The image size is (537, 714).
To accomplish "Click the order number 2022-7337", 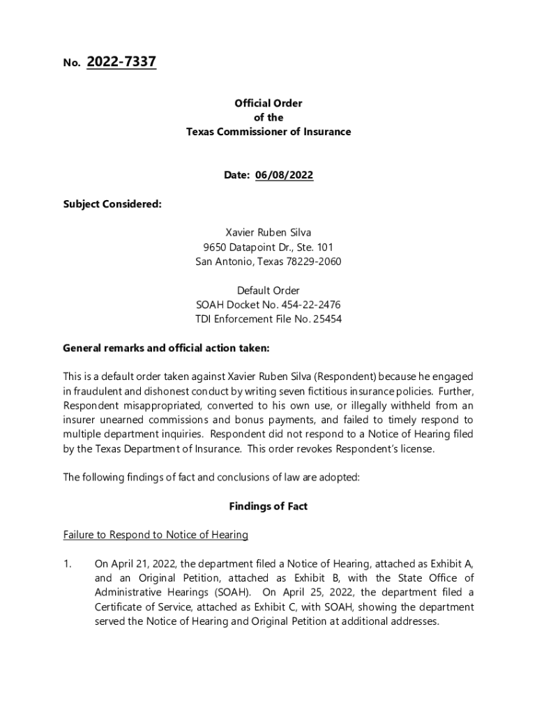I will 121,63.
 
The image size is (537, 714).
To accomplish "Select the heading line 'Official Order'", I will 268,103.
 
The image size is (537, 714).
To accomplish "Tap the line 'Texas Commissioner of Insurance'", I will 268,132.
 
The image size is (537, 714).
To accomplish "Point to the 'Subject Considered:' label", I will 112,204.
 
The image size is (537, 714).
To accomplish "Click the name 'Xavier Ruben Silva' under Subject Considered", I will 268,233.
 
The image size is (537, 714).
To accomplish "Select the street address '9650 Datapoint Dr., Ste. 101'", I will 268,248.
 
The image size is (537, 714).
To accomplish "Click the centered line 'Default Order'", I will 268,290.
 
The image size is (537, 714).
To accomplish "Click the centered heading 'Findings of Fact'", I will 268,506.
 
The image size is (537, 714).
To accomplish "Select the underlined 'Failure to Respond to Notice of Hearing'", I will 156,535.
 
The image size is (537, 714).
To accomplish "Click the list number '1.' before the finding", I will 67,563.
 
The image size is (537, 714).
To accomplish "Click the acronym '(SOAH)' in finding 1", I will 229,593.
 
